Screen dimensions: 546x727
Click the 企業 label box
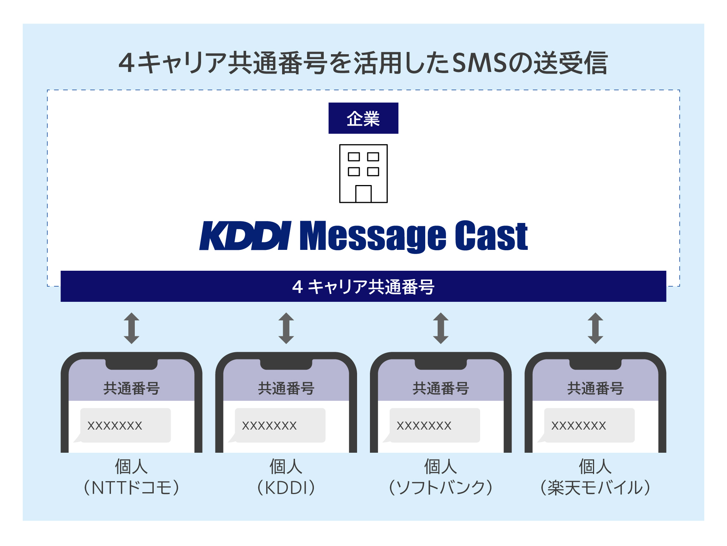(x=363, y=118)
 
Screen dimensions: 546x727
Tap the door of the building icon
(x=363, y=194)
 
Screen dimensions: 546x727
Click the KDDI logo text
(x=245, y=236)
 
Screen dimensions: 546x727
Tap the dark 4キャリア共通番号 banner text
(x=363, y=287)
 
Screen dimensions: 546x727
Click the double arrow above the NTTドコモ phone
(x=131, y=328)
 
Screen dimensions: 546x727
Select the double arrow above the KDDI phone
(x=286, y=328)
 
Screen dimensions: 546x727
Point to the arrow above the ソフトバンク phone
(x=441, y=328)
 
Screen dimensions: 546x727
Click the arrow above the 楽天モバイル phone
(x=595, y=328)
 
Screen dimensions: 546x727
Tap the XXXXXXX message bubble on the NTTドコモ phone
(x=125, y=425)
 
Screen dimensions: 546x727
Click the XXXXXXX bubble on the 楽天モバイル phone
(x=589, y=425)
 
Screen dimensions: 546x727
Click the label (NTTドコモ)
(x=131, y=488)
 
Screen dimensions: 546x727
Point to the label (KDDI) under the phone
(x=286, y=488)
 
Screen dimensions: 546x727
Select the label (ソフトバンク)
(x=441, y=488)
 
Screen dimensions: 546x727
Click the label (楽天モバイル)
(x=595, y=488)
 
